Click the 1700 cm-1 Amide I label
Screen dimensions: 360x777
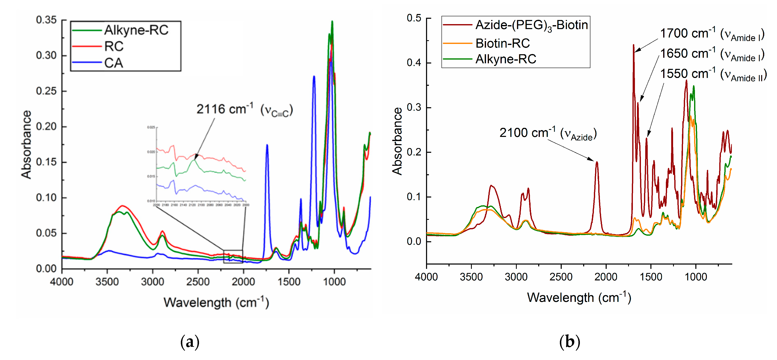tap(712, 34)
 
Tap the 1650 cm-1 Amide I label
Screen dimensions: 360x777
tap(712, 54)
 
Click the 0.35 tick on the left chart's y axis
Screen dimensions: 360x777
tap(46, 20)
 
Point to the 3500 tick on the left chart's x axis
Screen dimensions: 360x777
tap(107, 282)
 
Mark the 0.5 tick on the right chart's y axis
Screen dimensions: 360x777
tap(414, 18)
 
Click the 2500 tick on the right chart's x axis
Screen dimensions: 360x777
tap(561, 277)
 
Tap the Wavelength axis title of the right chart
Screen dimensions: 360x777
tap(579, 298)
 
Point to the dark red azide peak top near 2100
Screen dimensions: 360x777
tap(597, 162)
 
